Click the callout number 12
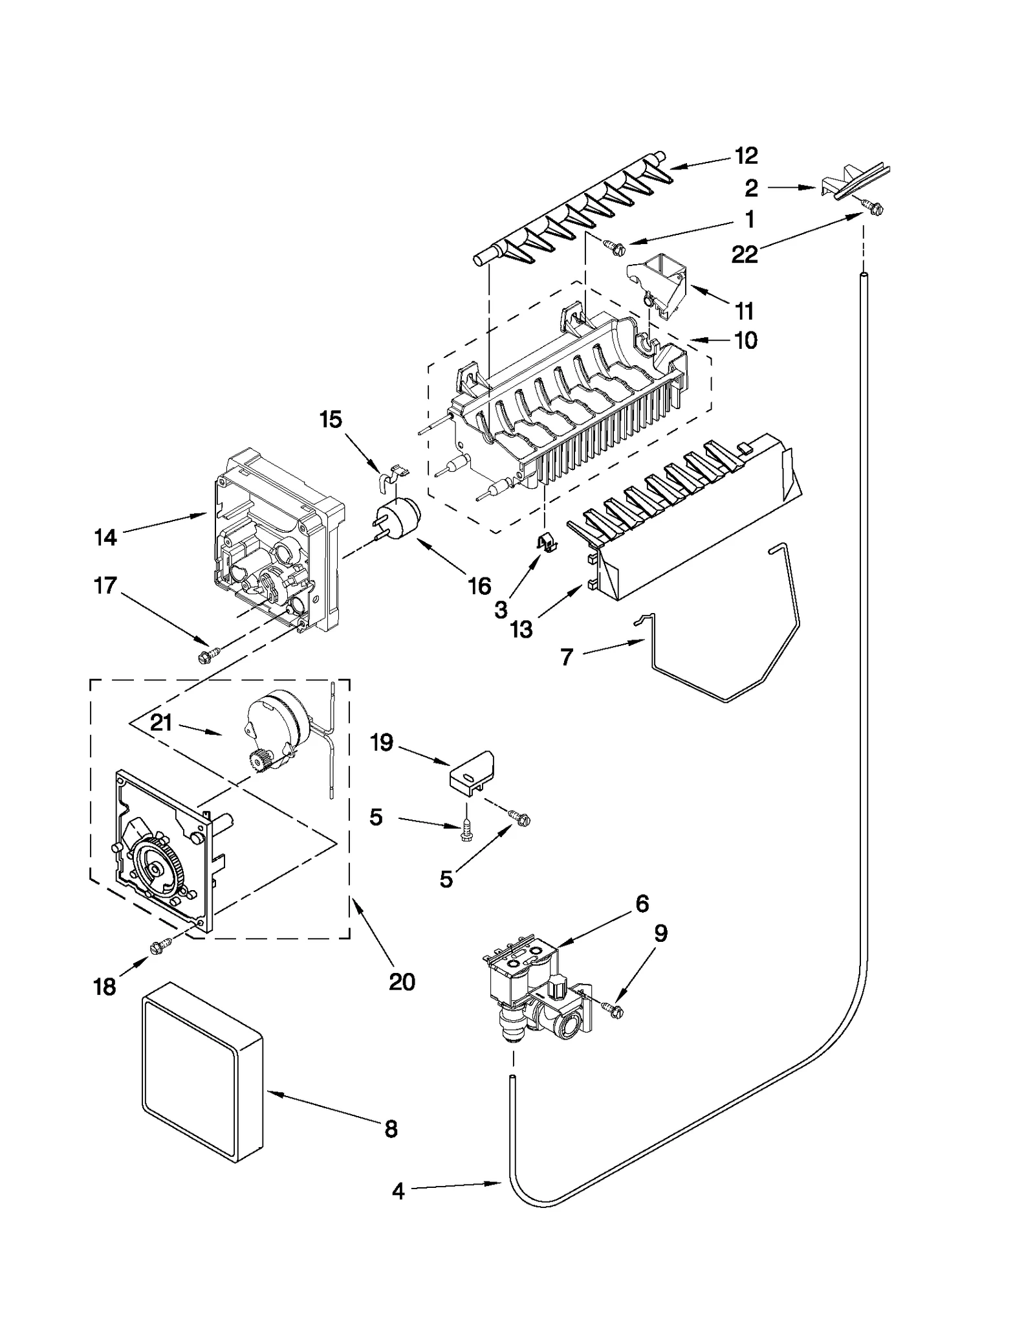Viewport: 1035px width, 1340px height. point(745,155)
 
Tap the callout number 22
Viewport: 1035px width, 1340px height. point(744,254)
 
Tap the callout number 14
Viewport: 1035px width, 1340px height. point(105,537)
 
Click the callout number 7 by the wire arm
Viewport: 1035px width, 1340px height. point(567,657)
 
